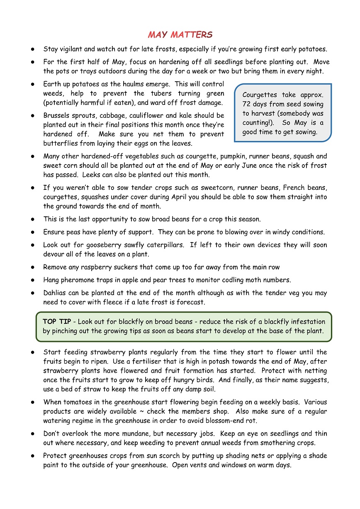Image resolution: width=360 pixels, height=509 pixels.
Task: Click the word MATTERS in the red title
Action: click(192, 35)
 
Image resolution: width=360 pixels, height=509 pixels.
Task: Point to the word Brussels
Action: click(57, 115)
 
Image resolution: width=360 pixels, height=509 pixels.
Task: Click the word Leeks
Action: click(93, 175)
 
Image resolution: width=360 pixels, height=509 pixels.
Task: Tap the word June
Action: click(254, 165)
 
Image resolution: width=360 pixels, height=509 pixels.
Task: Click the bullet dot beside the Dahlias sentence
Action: click(32, 293)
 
